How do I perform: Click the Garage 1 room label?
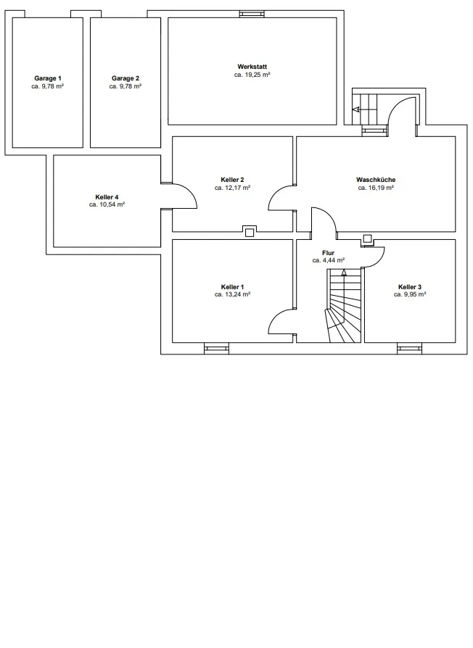48,78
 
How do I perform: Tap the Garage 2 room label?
126,78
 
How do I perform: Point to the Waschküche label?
376,180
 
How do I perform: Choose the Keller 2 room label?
232,180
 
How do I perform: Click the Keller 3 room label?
410,287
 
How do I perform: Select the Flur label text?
329,253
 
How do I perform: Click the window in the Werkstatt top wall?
252,14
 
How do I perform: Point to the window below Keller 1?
216,349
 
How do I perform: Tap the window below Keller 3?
410,349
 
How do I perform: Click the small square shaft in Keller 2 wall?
250,232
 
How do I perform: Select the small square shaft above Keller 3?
367,238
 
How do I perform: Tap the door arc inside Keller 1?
276,316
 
